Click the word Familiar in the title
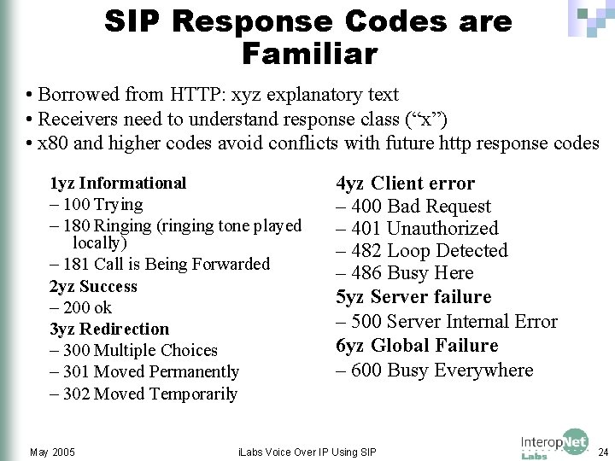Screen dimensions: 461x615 (308, 54)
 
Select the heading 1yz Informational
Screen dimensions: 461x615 (118, 183)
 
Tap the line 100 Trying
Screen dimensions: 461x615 (97, 204)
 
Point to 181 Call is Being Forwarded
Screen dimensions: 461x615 (160, 264)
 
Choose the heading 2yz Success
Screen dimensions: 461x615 (93, 286)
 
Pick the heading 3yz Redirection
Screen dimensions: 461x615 (109, 329)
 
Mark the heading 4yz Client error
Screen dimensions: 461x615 (405, 183)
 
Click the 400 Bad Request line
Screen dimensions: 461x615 (413, 206)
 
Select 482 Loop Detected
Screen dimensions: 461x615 (422, 250)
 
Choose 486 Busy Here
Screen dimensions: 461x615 (405, 272)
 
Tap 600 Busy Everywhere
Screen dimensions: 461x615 (434, 370)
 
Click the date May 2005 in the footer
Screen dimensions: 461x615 (52, 451)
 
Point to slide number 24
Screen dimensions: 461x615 (603, 451)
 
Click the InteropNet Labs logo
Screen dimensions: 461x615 (554, 443)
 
